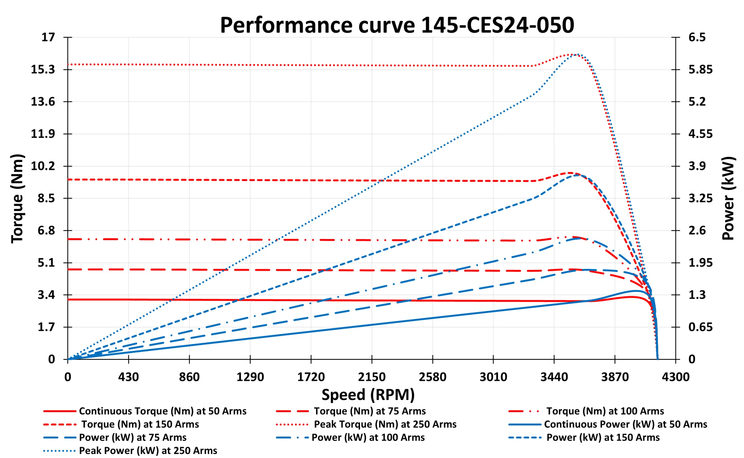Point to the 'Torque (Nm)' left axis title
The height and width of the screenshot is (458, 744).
click(17, 198)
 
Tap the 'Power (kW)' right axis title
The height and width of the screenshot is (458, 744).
click(728, 198)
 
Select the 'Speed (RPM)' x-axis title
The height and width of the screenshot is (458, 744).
click(368, 395)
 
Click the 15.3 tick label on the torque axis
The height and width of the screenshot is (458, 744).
click(43, 69)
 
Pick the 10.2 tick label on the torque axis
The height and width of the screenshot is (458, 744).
click(43, 166)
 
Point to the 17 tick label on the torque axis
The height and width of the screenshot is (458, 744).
click(48, 37)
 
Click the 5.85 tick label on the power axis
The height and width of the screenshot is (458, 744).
click(701, 69)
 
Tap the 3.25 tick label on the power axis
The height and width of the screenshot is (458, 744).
click(701, 198)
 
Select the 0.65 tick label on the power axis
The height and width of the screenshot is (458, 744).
click(701, 327)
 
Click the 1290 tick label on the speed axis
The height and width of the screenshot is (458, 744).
click(250, 377)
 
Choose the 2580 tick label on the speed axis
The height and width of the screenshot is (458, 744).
click(432, 377)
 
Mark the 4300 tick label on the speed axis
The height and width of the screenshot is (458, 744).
click(675, 377)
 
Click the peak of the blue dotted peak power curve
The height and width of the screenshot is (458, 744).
click(578, 55)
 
